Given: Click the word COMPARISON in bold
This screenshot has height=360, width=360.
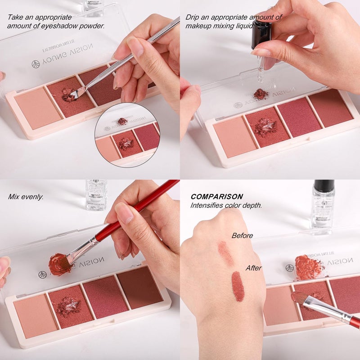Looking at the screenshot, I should [x=217, y=197].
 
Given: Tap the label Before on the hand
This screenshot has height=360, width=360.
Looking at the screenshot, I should [x=242, y=235].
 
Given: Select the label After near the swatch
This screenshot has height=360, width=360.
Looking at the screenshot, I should [x=253, y=268].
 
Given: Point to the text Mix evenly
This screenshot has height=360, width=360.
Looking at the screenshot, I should [x=26, y=197].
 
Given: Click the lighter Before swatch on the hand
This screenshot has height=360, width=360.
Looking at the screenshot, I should [x=225, y=253].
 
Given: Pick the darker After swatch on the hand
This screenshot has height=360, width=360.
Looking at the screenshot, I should [x=238, y=286].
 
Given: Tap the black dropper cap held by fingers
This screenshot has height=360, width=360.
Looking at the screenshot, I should [x=261, y=34].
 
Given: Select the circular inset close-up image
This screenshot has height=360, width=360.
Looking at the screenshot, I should [x=127, y=135].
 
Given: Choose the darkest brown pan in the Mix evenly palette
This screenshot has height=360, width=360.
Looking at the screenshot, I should [x=139, y=287].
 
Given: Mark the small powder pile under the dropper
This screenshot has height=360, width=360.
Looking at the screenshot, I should [x=261, y=94].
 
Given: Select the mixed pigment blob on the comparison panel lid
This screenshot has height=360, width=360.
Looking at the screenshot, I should [x=308, y=267].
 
